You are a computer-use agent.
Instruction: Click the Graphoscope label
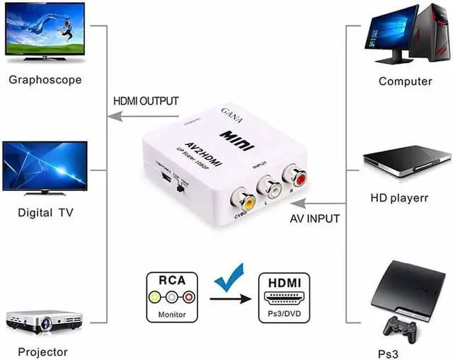45,79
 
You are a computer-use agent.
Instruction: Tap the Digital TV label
45,212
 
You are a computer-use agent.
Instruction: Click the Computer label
405,81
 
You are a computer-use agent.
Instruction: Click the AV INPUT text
315,219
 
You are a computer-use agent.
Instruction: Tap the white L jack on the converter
270,187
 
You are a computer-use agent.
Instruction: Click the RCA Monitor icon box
172,296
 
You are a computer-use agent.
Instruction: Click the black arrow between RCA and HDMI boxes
231,298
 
